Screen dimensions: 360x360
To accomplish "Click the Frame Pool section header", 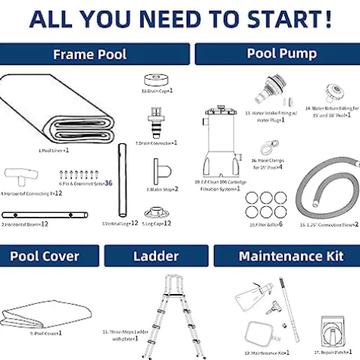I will (x=89, y=54).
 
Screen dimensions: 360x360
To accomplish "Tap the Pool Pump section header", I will (x=281, y=54).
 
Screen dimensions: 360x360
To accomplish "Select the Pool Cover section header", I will (x=45, y=256).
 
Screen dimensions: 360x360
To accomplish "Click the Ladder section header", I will (x=156, y=256).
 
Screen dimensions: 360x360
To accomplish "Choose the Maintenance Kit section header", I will (x=291, y=256).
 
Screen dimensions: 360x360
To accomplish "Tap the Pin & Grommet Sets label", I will (x=85, y=183).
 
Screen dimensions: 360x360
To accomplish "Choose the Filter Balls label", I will (x=265, y=224).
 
